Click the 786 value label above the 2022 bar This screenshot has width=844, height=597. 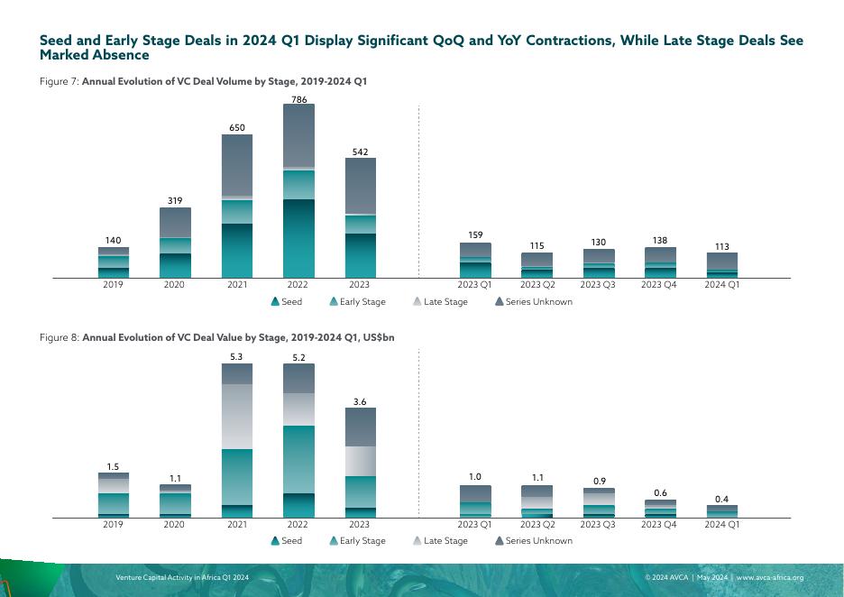click(298, 97)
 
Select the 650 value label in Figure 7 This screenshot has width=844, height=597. click(236, 128)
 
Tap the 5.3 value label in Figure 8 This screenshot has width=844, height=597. click(236, 357)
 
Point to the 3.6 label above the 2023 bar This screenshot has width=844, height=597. click(359, 401)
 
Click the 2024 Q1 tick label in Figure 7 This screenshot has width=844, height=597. click(721, 285)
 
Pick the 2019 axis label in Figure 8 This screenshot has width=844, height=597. click(113, 524)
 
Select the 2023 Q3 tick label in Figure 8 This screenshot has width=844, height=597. click(597, 524)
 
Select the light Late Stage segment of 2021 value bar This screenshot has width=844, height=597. click(237, 416)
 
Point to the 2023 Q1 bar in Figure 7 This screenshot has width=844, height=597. click(475, 260)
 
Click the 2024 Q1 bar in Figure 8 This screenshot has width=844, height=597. click(721, 511)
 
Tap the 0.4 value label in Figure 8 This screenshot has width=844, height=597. click(721, 499)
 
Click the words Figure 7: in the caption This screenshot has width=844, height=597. click(60, 81)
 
